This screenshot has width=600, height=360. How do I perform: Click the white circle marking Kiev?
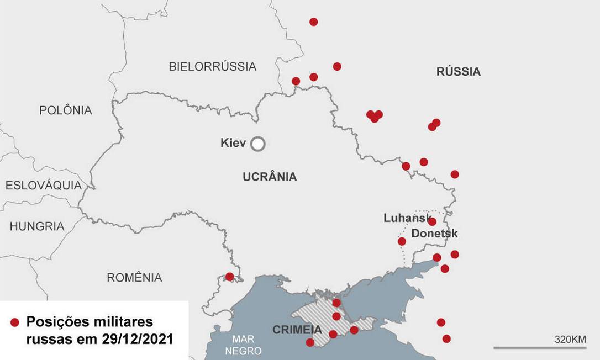257,144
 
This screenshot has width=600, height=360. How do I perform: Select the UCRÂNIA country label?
270,177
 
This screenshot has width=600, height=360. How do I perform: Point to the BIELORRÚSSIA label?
212,67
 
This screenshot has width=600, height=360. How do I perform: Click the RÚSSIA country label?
458,72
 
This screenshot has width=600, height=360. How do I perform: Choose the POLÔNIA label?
65,110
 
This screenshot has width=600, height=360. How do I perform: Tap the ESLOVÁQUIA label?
44,186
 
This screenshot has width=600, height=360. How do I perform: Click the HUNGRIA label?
37,226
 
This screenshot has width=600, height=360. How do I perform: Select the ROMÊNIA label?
134,278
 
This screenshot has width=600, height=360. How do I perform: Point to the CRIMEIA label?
297,330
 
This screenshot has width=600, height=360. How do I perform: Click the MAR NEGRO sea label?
246,345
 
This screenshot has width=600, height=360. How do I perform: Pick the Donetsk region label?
434,234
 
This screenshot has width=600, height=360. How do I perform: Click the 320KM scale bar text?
570,339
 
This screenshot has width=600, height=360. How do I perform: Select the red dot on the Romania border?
229,277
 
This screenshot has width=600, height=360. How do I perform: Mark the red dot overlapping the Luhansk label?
432,221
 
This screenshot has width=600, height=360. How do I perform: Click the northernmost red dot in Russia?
313,22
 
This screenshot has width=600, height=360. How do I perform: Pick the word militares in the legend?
118,322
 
